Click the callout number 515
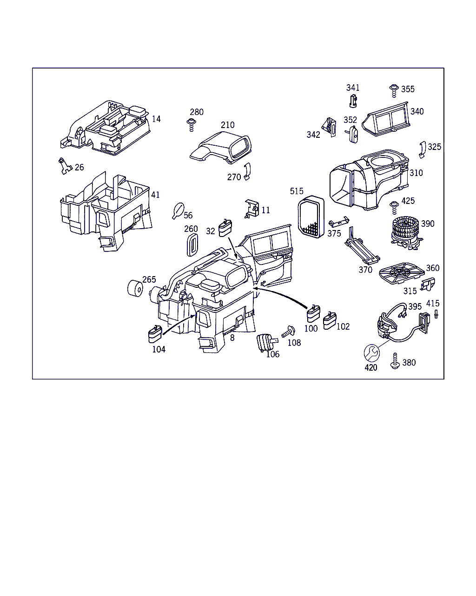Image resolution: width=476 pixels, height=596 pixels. (297, 191)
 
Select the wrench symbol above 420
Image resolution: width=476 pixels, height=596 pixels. (371, 353)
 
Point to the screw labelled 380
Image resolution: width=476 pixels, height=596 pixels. (395, 361)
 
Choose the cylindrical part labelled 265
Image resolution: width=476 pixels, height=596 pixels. (135, 289)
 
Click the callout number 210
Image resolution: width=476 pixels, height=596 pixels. (228, 125)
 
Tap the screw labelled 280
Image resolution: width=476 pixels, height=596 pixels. (191, 124)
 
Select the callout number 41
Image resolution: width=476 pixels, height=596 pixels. (155, 195)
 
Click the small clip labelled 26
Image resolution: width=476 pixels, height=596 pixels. (63, 165)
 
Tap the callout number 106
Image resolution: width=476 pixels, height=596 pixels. (273, 354)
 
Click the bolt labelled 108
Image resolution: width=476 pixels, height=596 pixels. (290, 332)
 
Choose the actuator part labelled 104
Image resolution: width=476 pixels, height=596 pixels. (154, 335)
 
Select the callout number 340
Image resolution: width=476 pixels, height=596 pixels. (417, 111)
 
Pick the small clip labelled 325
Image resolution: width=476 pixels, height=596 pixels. (423, 149)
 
